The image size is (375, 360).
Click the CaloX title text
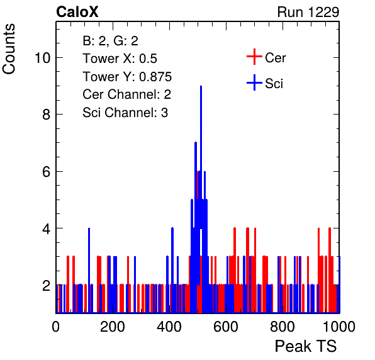pos(77,12)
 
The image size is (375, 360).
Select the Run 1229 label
pos(308,12)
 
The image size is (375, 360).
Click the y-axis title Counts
pos(9,49)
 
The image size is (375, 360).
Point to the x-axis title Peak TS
pos(306,346)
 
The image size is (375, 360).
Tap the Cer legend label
pos(275,58)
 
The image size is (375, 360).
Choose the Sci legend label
pos(274,84)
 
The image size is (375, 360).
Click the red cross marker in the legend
pos(254,57)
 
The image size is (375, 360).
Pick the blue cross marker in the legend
pos(254,82)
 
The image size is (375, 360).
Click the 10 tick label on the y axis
pos(42,58)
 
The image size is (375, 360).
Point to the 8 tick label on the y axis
pos(47,115)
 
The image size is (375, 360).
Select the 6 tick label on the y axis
pos(47,172)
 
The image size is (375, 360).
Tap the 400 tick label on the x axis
pos(169,326)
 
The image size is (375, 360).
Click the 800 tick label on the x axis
pos(283,326)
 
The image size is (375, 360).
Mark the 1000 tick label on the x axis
pos(339,326)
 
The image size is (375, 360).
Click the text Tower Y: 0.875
pos(127,77)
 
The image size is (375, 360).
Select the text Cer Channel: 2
pos(126,94)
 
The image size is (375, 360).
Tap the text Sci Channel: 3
pos(125,113)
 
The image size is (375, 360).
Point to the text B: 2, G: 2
pos(111,41)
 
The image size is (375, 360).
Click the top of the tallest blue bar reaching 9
pos(201,86)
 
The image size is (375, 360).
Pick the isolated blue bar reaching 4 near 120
pos(89,270)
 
